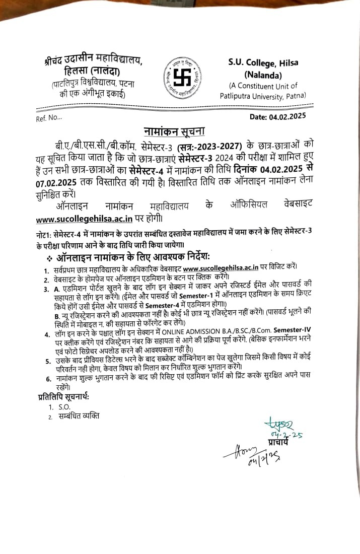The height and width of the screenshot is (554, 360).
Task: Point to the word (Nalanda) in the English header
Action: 262,74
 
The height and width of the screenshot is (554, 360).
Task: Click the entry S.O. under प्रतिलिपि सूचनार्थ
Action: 64,407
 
